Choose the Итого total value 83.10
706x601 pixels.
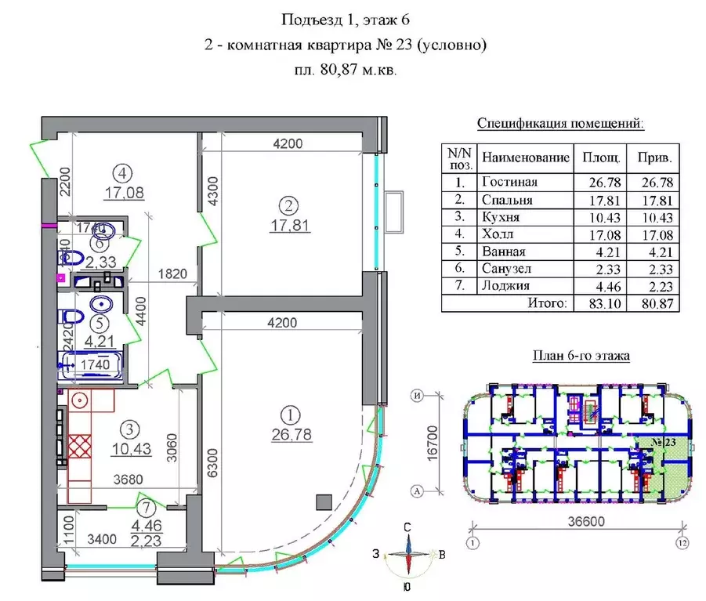(599, 302)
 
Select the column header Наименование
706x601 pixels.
(525, 157)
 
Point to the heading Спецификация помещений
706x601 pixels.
(560, 124)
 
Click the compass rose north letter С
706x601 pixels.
(407, 527)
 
